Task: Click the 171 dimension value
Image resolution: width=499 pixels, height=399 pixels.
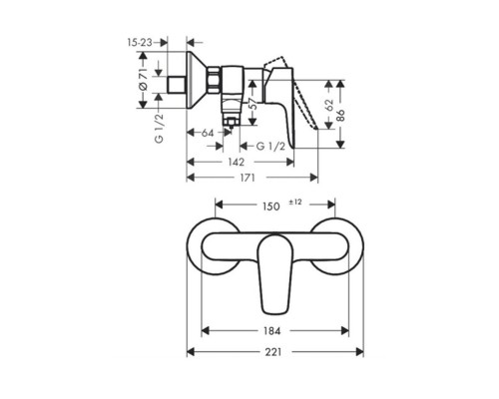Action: pos(248,178)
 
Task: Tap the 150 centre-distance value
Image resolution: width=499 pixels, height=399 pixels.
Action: pos(270,206)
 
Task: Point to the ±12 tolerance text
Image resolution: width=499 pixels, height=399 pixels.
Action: pos(295,202)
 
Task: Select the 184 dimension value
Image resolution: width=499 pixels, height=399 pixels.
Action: pos(270,330)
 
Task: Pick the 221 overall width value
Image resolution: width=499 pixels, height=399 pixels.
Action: pos(272,351)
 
